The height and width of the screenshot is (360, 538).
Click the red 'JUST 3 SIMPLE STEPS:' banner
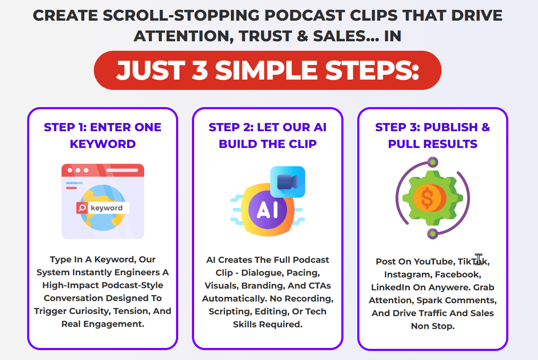(x=267, y=70)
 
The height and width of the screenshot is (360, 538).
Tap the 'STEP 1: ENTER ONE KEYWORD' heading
(x=102, y=135)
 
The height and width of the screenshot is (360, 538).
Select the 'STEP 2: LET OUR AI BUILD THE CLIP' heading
(x=267, y=135)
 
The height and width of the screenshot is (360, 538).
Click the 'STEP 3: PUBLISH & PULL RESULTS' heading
(x=433, y=135)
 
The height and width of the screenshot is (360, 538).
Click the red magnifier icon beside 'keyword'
(x=82, y=208)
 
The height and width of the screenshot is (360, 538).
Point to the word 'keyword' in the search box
(x=107, y=208)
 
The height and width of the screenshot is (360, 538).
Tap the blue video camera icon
(x=288, y=182)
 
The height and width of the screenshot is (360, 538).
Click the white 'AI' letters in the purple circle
(x=267, y=210)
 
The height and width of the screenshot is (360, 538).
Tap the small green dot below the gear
(x=433, y=234)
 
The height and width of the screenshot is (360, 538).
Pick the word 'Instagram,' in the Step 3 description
(x=408, y=274)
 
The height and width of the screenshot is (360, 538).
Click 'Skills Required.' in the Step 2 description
(x=267, y=324)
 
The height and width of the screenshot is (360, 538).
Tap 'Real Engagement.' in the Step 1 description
(x=102, y=324)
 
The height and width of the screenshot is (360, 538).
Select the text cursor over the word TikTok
(x=478, y=259)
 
